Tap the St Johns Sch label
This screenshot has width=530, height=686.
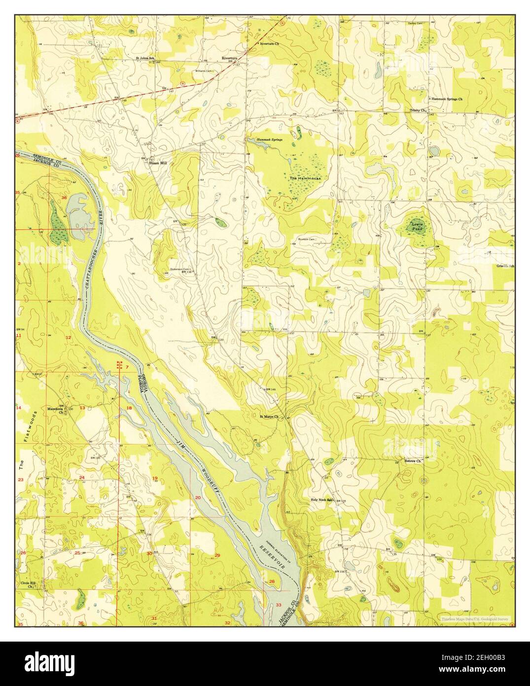point(144,58)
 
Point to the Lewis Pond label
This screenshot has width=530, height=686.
point(417,227)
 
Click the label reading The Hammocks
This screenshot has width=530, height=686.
point(305,178)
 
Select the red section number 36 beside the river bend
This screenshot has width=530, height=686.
point(64,197)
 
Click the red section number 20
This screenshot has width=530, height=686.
point(198,498)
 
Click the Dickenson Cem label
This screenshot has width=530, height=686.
point(180,269)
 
